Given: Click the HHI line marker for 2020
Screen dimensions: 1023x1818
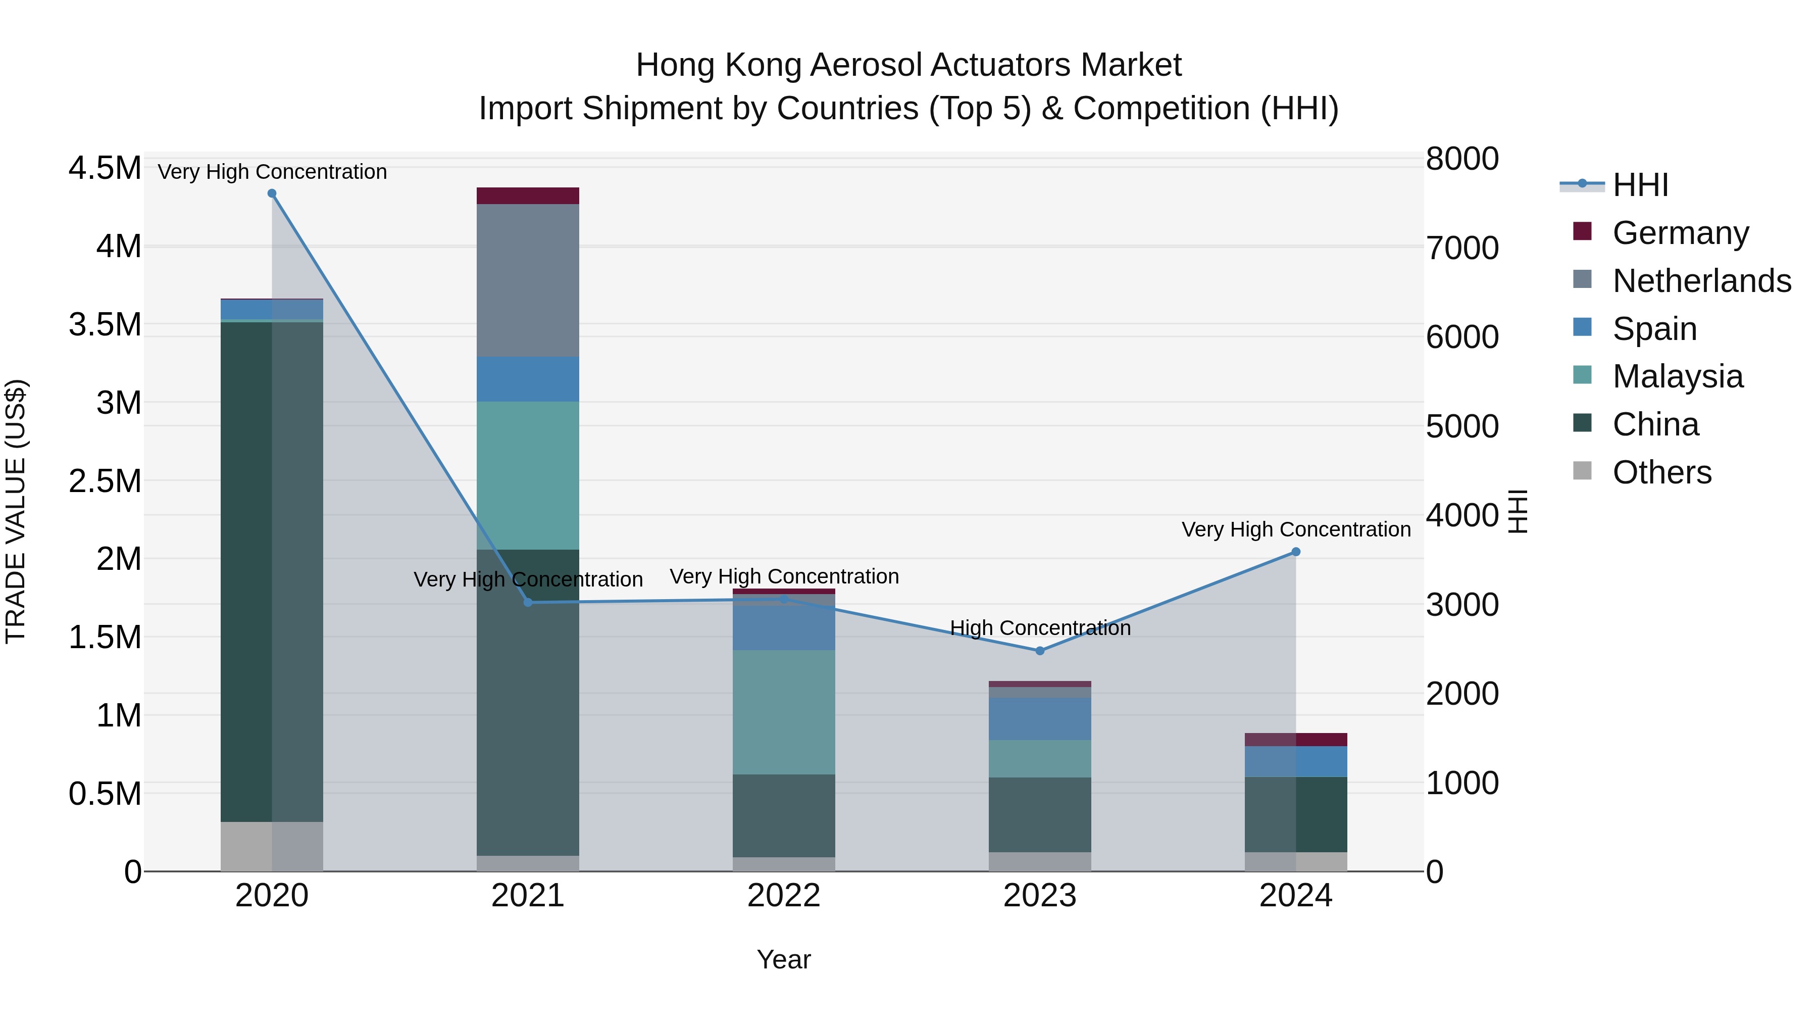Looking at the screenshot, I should coord(272,193).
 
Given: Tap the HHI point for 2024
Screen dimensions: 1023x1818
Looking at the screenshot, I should coord(1296,552).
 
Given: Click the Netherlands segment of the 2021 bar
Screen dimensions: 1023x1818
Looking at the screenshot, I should coord(528,280).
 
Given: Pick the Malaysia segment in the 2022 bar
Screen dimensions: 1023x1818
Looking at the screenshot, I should coord(783,712).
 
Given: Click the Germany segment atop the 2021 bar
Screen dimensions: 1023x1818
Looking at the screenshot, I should coord(528,196).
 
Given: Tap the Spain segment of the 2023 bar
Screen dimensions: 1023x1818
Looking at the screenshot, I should coord(1040,719).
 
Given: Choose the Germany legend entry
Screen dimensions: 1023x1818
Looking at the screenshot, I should coord(1680,233).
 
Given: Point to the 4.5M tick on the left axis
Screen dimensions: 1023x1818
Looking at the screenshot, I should coord(105,169).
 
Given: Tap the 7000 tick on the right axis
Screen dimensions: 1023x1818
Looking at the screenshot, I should coord(1461,249).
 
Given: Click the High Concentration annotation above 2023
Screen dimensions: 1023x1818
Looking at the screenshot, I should coord(1040,627).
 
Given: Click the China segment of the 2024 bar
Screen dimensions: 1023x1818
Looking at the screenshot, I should coord(1296,814).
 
